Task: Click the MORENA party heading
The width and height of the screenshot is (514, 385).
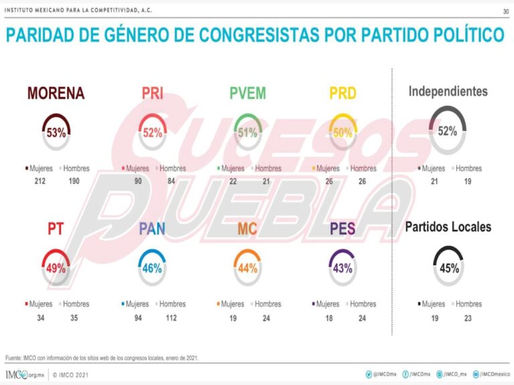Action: tap(56, 94)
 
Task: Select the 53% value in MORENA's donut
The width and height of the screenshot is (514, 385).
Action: tap(56, 133)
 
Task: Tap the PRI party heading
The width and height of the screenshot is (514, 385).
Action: tap(153, 94)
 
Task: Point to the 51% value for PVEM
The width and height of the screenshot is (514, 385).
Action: tap(248, 133)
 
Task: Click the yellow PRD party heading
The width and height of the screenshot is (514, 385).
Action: tap(343, 94)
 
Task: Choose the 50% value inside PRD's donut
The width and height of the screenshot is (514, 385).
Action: tap(343, 133)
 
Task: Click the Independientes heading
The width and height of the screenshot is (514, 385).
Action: tap(448, 92)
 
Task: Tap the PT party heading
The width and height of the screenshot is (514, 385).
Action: tap(56, 229)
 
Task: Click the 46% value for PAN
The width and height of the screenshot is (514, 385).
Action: tap(152, 269)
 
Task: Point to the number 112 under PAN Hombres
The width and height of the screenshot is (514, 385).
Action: tap(171, 318)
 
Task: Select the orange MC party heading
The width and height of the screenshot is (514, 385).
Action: tap(248, 229)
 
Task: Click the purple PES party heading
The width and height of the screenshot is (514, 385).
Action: tap(343, 229)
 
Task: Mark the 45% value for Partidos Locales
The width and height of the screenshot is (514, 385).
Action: tap(448, 269)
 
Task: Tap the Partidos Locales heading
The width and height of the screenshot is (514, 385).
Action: tap(448, 227)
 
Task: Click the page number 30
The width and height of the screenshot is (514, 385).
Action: tap(505, 11)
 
